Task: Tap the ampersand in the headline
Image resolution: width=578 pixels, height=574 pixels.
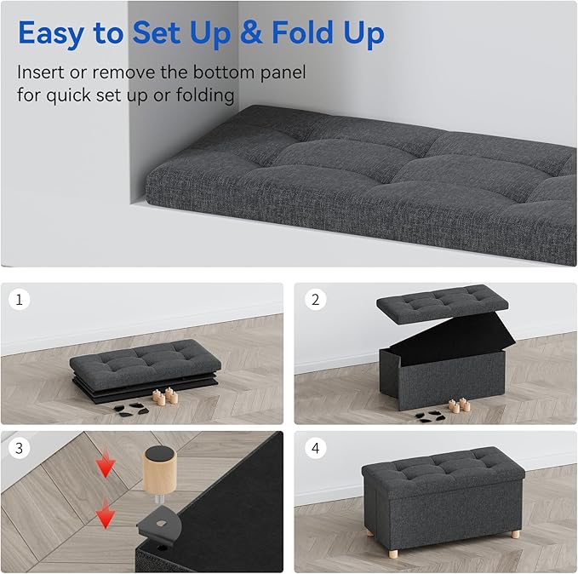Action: tap(252, 34)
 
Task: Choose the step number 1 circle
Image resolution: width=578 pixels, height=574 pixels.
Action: tap(20, 300)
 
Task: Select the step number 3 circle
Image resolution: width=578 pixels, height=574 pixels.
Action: tap(20, 447)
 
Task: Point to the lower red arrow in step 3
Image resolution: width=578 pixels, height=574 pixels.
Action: tap(106, 515)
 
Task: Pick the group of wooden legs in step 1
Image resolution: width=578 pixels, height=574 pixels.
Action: tap(164, 395)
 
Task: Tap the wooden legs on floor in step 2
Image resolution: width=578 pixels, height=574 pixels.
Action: tap(460, 405)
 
